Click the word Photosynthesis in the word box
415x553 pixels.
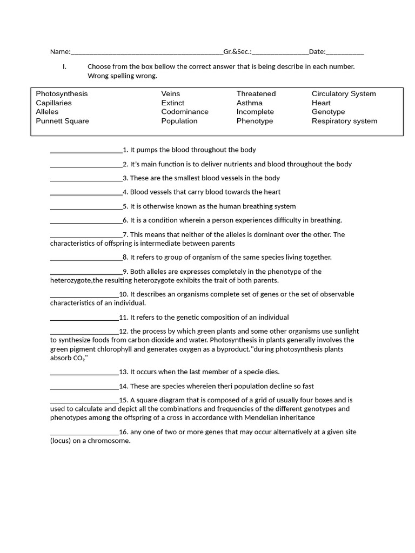coord(62,94)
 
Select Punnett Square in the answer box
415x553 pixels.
coord(62,121)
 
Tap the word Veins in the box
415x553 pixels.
coord(171,94)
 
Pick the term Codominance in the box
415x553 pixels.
coord(185,112)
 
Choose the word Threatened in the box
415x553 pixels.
coord(256,94)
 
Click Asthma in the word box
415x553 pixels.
coord(249,103)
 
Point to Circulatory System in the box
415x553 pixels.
coord(344,94)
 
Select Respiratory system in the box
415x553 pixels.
coord(344,121)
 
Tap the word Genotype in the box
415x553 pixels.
coord(328,112)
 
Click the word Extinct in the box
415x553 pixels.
coord(173,103)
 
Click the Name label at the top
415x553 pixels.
coord(60,52)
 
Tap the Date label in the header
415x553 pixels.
coord(317,52)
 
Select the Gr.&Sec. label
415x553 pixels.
coord(237,52)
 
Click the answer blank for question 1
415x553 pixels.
coord(86,151)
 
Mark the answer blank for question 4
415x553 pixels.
coord(86,193)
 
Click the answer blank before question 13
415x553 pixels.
coord(84,373)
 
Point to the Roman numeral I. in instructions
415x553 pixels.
coord(64,67)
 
